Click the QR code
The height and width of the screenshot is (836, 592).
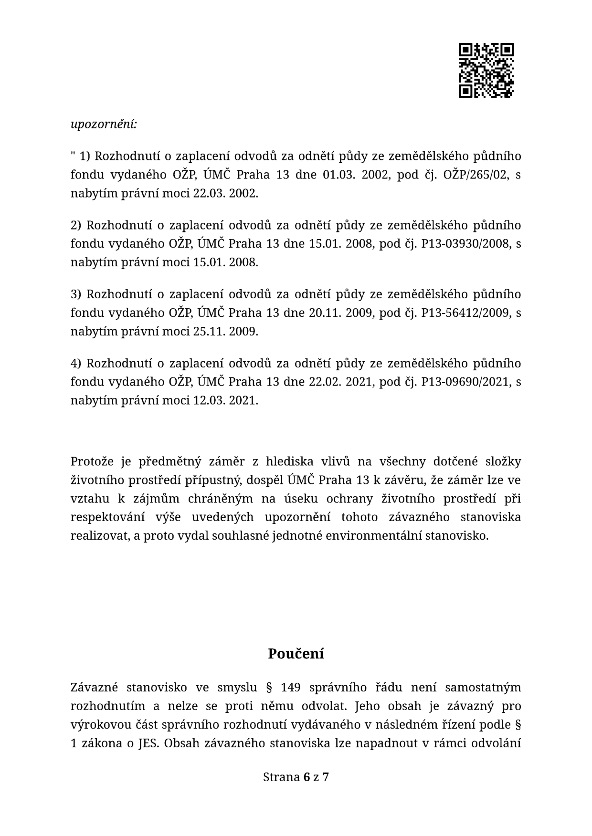coord(486,71)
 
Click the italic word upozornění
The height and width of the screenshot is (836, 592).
coord(104,125)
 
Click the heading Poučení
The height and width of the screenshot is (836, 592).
coord(296,654)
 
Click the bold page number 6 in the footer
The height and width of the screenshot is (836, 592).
coord(307,777)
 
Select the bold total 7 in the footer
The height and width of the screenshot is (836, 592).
coord(326,777)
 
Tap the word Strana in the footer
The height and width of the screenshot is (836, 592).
coord(281,777)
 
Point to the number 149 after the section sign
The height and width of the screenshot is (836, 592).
coord(291,688)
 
